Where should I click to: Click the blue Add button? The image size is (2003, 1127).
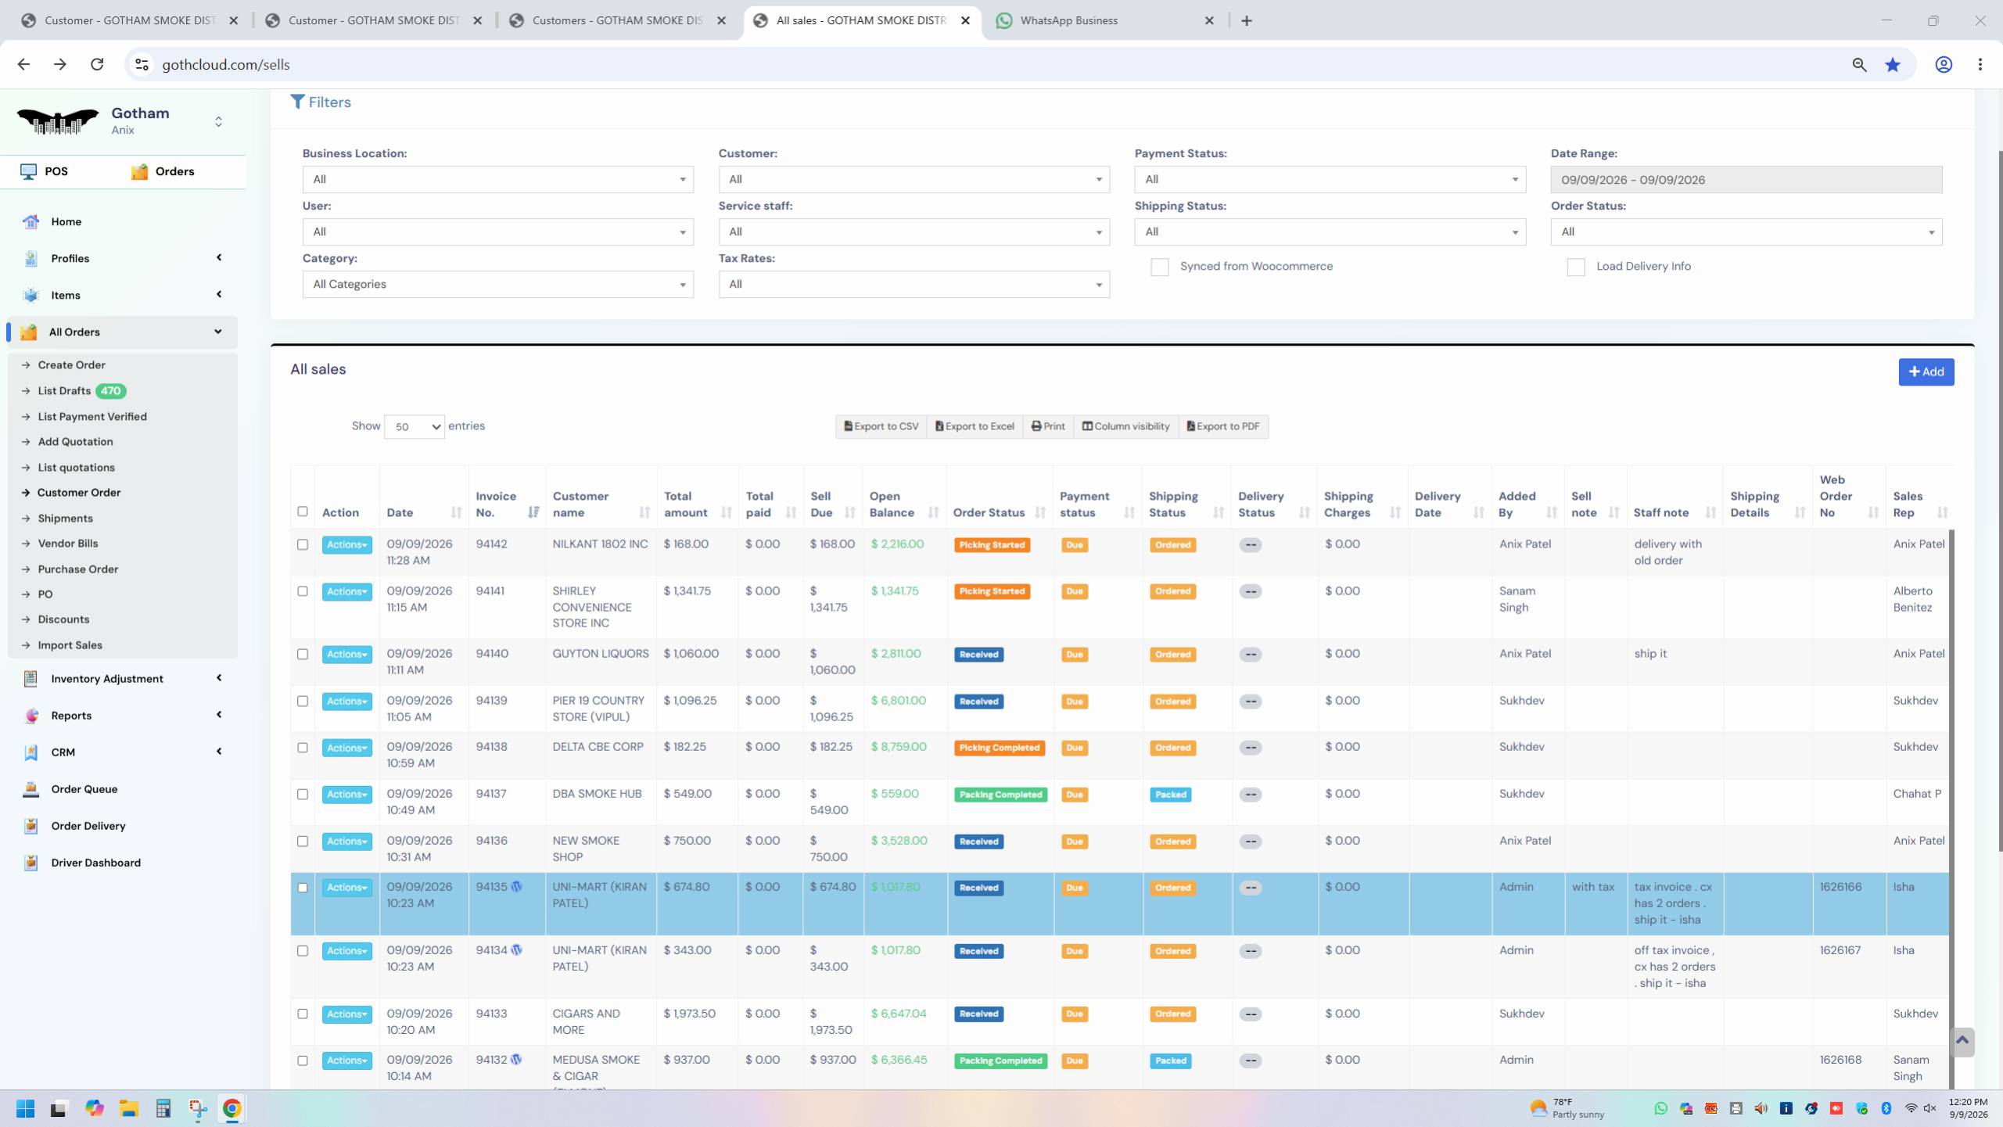click(x=1926, y=371)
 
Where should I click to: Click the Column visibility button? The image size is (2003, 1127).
click(x=1125, y=426)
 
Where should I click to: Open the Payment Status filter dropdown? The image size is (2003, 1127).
click(x=1330, y=179)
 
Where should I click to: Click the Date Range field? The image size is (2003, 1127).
click(x=1746, y=179)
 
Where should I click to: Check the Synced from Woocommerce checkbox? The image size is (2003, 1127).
click(x=1159, y=267)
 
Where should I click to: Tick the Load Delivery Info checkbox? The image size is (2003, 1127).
click(x=1575, y=267)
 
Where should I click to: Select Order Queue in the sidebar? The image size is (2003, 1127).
click(x=84, y=788)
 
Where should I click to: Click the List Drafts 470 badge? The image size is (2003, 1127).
click(x=111, y=390)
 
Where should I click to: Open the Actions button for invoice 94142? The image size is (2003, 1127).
click(x=346, y=544)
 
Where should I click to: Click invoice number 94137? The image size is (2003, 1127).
click(x=491, y=793)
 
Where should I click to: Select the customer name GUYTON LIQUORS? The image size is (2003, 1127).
click(x=601, y=653)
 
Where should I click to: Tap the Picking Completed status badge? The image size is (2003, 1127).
click(x=999, y=748)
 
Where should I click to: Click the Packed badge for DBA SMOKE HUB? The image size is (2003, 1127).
click(x=1171, y=795)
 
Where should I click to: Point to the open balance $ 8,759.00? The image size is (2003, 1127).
click(x=899, y=746)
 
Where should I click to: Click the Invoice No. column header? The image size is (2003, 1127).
click(x=496, y=504)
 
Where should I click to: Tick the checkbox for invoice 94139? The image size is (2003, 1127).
click(x=303, y=701)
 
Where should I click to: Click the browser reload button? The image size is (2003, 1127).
click(x=97, y=64)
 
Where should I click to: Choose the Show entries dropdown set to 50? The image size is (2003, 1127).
click(x=414, y=426)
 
